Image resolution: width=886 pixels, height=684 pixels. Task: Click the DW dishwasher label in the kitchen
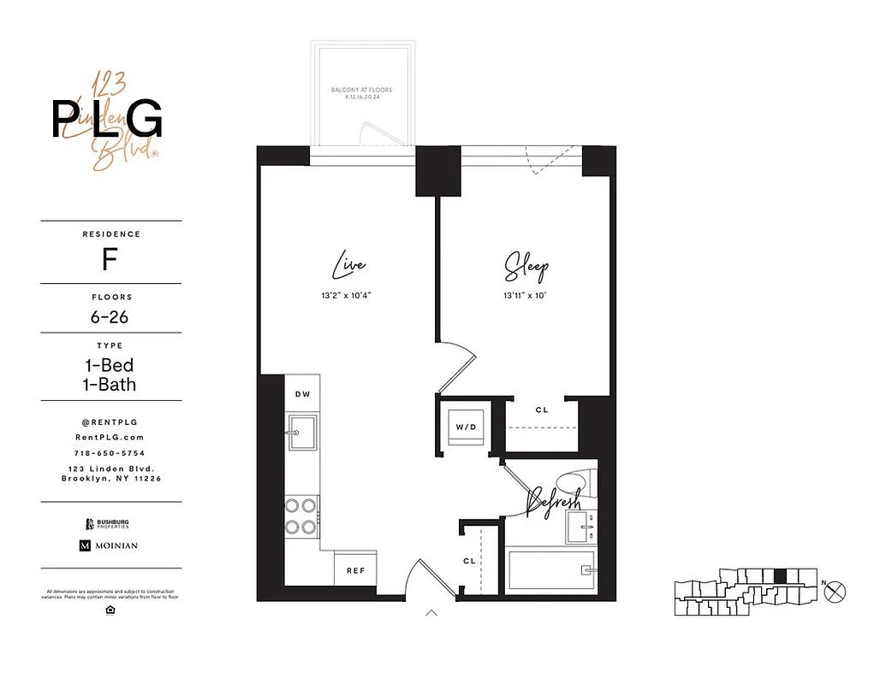click(302, 394)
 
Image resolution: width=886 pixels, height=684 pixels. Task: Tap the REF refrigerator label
click(356, 570)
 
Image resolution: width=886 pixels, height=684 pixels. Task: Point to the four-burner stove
click(302, 516)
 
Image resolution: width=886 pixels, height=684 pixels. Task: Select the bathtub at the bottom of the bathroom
click(550, 569)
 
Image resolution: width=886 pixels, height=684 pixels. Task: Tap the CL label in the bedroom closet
click(542, 410)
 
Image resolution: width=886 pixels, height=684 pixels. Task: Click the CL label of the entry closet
click(469, 561)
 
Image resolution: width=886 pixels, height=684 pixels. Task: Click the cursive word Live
click(349, 266)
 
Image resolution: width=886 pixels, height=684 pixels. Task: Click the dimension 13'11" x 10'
click(525, 295)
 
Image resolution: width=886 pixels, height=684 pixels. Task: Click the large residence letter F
click(110, 259)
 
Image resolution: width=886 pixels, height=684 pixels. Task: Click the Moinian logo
click(109, 545)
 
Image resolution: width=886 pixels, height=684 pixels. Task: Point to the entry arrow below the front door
click(432, 612)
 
